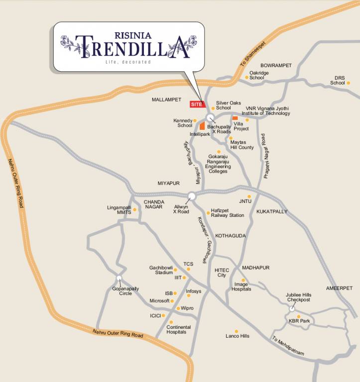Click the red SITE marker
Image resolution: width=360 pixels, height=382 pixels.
[197, 104]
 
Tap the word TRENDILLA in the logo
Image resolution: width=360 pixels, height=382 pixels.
[125, 47]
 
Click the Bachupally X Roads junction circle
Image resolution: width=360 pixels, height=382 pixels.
[210, 117]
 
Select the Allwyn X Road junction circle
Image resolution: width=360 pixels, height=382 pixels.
[192, 196]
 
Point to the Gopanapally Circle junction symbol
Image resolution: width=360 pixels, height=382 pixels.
[119, 278]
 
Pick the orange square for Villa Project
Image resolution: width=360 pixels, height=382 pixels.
[235, 118]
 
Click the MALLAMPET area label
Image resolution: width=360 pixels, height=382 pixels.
[166, 100]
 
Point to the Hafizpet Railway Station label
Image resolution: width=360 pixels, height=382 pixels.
[227, 212]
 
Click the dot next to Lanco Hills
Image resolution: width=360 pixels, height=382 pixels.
[237, 331]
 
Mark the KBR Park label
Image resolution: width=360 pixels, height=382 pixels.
[299, 321]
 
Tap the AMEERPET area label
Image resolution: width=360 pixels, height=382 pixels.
[339, 288]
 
